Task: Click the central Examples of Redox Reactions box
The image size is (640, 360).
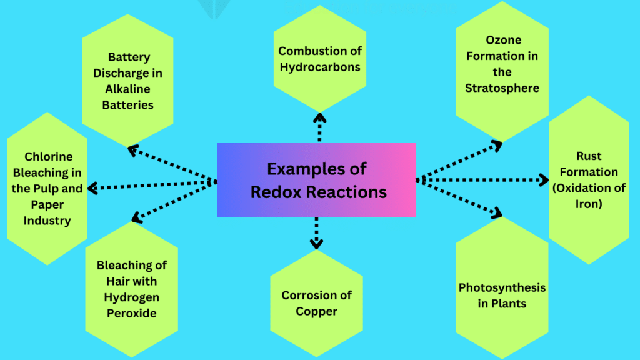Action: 316,180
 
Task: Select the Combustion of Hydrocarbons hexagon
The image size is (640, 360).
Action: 319,59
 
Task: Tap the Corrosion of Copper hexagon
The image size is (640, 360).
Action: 317,303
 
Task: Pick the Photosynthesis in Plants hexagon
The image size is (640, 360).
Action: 502,296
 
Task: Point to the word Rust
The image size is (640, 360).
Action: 589,156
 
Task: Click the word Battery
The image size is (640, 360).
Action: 129,57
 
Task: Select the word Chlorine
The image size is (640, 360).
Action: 49,156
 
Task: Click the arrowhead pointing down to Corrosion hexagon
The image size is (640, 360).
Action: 317,244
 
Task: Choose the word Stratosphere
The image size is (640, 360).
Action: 502,88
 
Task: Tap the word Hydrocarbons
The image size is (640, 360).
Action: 319,67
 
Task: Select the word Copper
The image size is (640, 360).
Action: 317,311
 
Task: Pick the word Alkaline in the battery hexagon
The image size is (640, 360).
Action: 129,89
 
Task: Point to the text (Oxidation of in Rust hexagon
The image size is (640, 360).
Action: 589,187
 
